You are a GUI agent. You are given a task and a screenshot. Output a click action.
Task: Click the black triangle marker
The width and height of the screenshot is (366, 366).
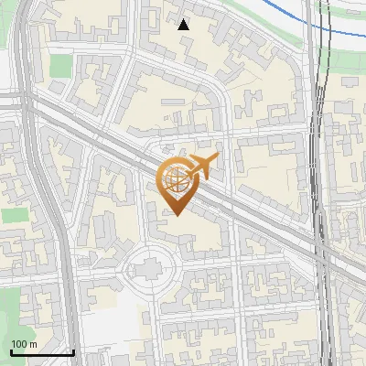(x=184, y=25)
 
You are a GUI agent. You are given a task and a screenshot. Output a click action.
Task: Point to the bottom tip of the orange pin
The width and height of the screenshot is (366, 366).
(x=177, y=214)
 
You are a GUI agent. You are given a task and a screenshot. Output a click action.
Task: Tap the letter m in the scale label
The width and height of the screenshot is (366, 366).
(x=34, y=344)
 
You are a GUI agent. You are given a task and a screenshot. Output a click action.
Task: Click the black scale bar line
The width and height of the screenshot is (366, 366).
(x=41, y=352)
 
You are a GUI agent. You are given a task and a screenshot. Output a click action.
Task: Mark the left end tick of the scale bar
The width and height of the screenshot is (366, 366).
(x=10, y=351)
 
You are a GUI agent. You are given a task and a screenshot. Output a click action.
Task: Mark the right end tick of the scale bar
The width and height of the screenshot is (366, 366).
(x=73, y=351)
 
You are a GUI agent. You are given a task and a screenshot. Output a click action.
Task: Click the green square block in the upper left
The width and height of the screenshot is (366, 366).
(x=60, y=65)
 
